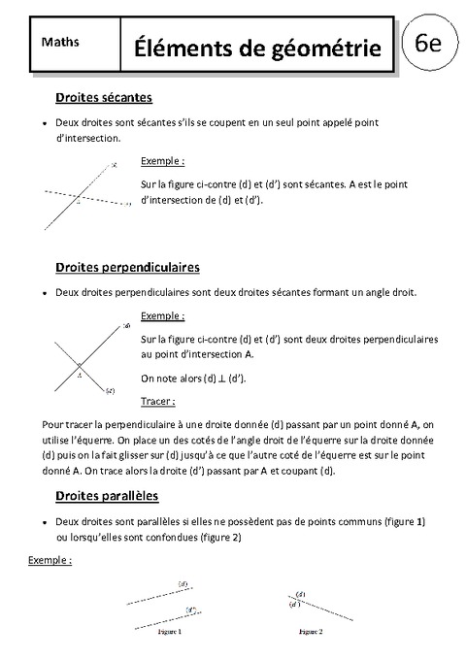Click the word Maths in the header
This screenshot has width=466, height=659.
coord(61,42)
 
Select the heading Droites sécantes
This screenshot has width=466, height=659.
coord(104,97)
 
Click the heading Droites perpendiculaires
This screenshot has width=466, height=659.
coord(128,265)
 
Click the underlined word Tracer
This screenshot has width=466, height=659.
coord(157,400)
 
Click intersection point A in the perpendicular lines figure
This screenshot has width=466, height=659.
coord(80,366)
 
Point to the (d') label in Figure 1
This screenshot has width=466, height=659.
coord(191,610)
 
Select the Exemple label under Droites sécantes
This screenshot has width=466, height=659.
coord(162,160)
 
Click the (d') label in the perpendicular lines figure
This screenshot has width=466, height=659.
coord(110,391)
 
